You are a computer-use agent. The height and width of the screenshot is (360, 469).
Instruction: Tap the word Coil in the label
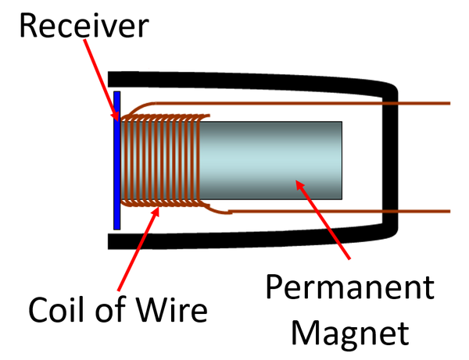[59, 310]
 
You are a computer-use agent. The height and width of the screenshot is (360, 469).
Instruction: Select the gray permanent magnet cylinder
[274, 160]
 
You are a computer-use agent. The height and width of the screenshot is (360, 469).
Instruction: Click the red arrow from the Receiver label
[99, 78]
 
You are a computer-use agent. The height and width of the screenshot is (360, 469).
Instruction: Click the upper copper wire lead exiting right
[352, 103]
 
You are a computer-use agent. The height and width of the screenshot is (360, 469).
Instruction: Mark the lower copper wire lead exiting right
[352, 211]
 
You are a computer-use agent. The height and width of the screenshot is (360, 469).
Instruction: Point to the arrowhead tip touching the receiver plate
[118, 119]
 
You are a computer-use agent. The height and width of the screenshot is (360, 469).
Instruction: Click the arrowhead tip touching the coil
[158, 207]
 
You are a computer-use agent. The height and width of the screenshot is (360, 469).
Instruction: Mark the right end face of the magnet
[342, 160]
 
